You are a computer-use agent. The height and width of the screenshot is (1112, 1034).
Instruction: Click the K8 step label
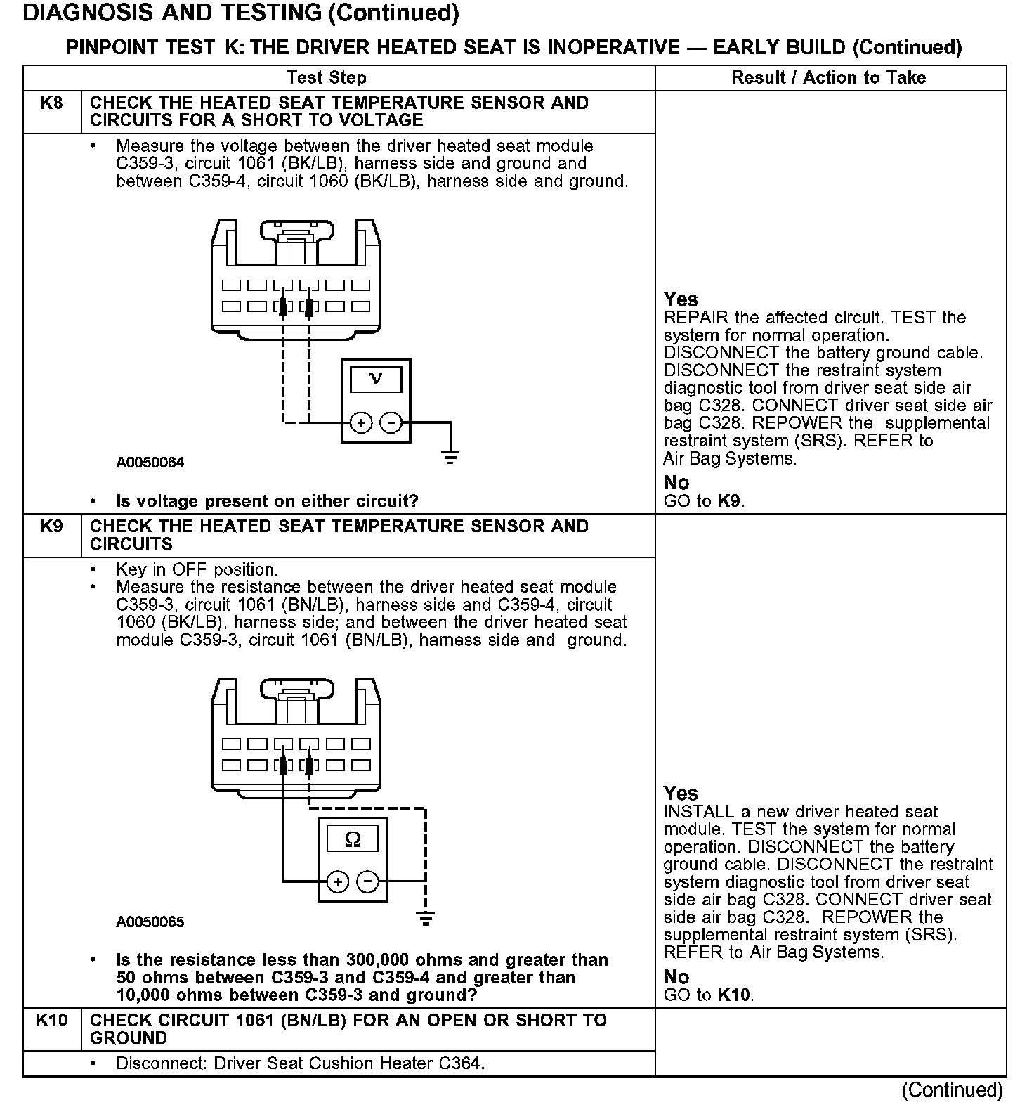tap(52, 103)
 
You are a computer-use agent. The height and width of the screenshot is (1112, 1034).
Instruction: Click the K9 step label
tap(52, 526)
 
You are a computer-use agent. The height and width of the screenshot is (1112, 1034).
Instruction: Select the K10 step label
tap(52, 1021)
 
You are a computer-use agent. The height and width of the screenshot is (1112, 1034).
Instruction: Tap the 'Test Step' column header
tap(326, 77)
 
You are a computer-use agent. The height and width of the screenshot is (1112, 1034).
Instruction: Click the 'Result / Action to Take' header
tap(829, 77)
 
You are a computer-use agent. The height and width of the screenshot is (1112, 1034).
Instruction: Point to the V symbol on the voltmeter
tap(376, 380)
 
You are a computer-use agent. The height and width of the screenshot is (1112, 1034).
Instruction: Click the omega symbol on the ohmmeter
tap(353, 839)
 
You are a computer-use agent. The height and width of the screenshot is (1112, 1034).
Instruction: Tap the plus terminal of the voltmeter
tap(360, 422)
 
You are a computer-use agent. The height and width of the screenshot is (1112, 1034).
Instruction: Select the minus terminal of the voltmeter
tap(391, 422)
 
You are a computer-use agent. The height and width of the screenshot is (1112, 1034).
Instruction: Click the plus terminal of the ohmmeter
tap(338, 881)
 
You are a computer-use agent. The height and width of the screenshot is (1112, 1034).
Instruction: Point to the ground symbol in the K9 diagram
tap(425, 917)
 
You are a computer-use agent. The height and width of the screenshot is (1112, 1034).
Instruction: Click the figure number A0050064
tap(150, 463)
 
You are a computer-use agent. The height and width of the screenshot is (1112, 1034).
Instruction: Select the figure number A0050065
tap(150, 922)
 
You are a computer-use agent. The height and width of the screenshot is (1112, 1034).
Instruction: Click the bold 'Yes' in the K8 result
tap(681, 299)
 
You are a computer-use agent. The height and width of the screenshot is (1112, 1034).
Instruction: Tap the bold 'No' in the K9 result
tap(676, 977)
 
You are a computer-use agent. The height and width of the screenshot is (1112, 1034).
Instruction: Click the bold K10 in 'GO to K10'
tap(734, 995)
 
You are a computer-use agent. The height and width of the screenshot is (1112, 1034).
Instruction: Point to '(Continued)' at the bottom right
tap(953, 1090)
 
